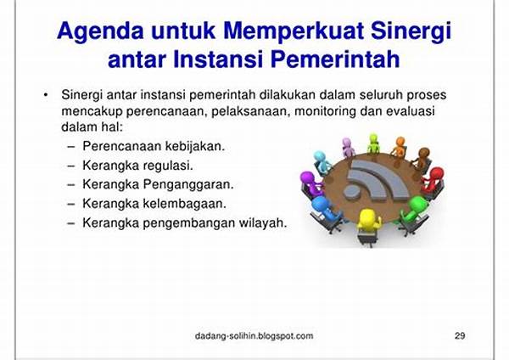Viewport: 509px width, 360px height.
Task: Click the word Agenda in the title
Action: click(x=100, y=31)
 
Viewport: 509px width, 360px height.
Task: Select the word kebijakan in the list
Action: click(x=195, y=146)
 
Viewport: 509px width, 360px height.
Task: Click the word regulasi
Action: click(x=168, y=166)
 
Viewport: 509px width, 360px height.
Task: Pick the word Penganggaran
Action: click(x=188, y=184)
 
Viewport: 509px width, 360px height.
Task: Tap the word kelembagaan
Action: click(x=185, y=204)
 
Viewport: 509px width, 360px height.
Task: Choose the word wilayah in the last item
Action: click(x=263, y=223)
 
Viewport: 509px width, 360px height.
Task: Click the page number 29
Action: click(x=460, y=335)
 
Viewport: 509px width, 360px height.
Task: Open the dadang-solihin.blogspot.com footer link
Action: click(x=255, y=335)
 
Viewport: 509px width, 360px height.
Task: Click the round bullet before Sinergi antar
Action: click(x=46, y=95)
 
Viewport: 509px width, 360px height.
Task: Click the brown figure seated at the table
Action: click(x=422, y=159)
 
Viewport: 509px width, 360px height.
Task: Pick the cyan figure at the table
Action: click(x=322, y=162)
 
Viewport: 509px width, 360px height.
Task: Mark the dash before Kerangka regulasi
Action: click(x=71, y=166)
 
